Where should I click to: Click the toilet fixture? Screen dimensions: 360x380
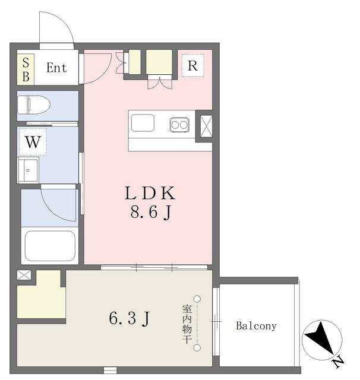pyautogui.click(x=34, y=104)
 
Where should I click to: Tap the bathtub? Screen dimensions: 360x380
pyautogui.click(x=50, y=246)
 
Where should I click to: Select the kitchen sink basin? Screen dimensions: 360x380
pyautogui.click(x=143, y=123)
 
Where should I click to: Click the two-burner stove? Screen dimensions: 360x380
pyautogui.click(x=179, y=125)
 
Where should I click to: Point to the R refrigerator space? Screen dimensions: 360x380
pyautogui.click(x=192, y=65)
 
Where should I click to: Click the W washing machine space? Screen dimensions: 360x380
pyautogui.click(x=33, y=142)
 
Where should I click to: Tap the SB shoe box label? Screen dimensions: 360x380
pyautogui.click(x=26, y=69)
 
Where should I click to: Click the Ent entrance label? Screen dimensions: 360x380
pyautogui.click(x=56, y=68)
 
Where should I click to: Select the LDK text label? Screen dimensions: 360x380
pyautogui.click(x=150, y=193)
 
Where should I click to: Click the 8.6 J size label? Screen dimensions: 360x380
pyautogui.click(x=151, y=212)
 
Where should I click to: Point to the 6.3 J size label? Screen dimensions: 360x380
pyautogui.click(x=129, y=318)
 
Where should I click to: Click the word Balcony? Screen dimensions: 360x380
pyautogui.click(x=256, y=326)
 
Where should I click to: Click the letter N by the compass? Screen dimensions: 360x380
pyautogui.click(x=338, y=362)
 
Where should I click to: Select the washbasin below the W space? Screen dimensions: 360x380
pyautogui.click(x=29, y=170)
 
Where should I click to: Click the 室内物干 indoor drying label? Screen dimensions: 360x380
pyautogui.click(x=187, y=324)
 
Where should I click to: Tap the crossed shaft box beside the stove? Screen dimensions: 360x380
pyautogui.click(x=207, y=126)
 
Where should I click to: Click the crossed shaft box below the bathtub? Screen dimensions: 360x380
pyautogui.click(x=24, y=275)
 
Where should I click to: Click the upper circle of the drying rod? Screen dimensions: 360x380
pyautogui.click(x=197, y=299)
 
